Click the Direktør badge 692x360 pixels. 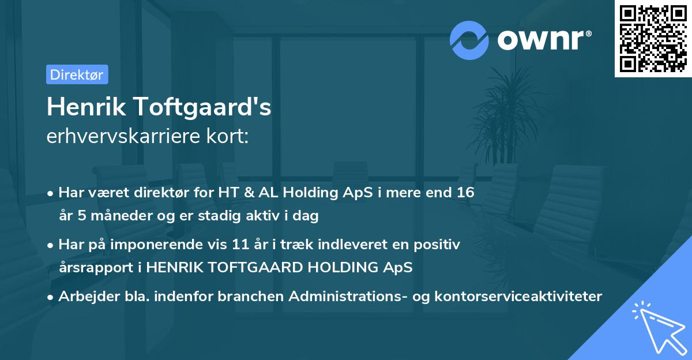coord(77,74)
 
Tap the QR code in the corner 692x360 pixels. coord(652,39)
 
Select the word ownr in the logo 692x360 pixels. coord(544,40)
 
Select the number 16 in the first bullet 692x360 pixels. coord(465,193)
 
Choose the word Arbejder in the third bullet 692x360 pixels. coord(84,297)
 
